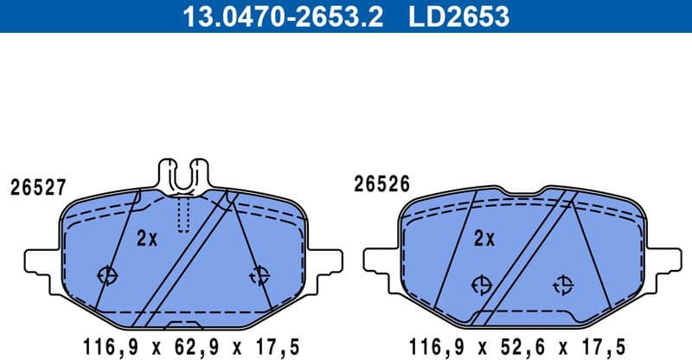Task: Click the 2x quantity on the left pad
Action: (x=147, y=238)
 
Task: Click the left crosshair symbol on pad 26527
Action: (x=108, y=275)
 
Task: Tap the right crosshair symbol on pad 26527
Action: (x=259, y=275)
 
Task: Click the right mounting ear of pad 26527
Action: (x=324, y=261)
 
